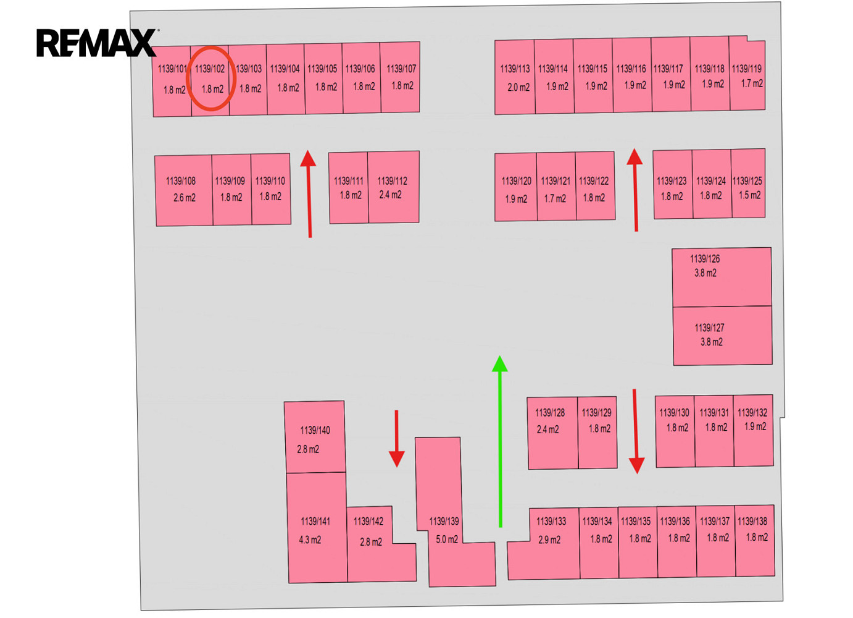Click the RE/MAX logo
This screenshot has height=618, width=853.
tap(98, 43)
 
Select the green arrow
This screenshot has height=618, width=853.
tap(499, 441)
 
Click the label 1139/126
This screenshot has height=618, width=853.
tap(705, 259)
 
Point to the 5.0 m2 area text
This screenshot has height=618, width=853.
tap(447, 540)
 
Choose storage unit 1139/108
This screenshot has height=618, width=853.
tap(184, 190)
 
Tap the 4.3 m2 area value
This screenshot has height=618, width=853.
tap(310, 540)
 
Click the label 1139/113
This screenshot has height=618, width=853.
tap(515, 69)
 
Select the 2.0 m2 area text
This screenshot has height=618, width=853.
tap(518, 87)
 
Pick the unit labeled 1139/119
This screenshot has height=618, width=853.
tap(747, 74)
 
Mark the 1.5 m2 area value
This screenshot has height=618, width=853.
tap(750, 195)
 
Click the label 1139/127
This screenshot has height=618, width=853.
tap(709, 328)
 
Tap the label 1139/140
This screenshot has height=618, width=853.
tap(315, 430)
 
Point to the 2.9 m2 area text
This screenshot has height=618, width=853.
tap(549, 540)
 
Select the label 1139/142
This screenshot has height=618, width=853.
tap(368, 521)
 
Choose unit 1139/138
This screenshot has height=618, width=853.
tap(754, 541)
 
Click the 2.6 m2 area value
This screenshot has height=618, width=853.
tap(185, 198)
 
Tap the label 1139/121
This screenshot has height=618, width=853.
tap(555, 180)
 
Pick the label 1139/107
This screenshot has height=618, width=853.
tap(401, 69)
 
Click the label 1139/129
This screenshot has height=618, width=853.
tap(596, 412)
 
